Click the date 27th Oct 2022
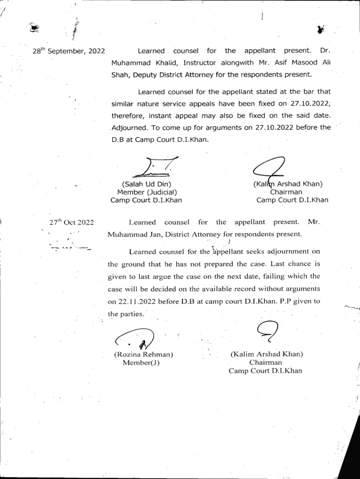click(x=72, y=222)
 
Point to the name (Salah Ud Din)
click(x=146, y=184)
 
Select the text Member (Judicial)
click(x=147, y=192)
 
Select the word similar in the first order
click(x=123, y=103)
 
